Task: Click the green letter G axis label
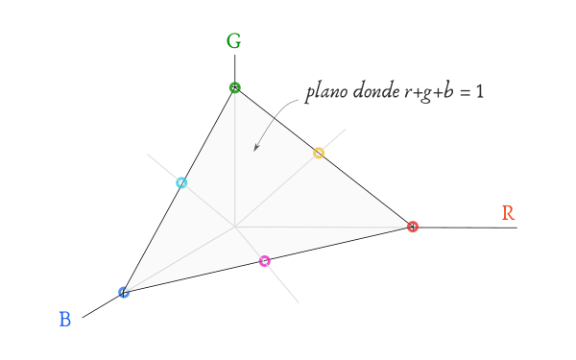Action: [x=233, y=40]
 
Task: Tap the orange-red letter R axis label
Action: [x=508, y=213]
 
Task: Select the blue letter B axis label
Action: [x=65, y=320]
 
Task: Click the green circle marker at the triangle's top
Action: [x=235, y=87]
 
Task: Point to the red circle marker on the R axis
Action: [x=413, y=227]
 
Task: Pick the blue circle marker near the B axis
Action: [x=124, y=293]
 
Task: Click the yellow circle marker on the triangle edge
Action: [x=319, y=153]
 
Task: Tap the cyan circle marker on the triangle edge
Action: [x=181, y=182]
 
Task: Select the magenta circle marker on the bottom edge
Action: [x=265, y=261]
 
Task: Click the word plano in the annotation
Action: [x=326, y=92]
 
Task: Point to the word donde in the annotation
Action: [x=376, y=90]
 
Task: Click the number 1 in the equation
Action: [x=479, y=91]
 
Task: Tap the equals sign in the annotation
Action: [x=465, y=92]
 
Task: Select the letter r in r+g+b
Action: [x=408, y=93]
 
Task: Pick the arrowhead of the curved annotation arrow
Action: [x=256, y=147]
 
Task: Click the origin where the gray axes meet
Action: [x=235, y=227]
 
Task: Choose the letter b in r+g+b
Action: [x=448, y=91]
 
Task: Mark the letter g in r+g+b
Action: [x=425, y=95]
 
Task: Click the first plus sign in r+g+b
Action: [x=416, y=93]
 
